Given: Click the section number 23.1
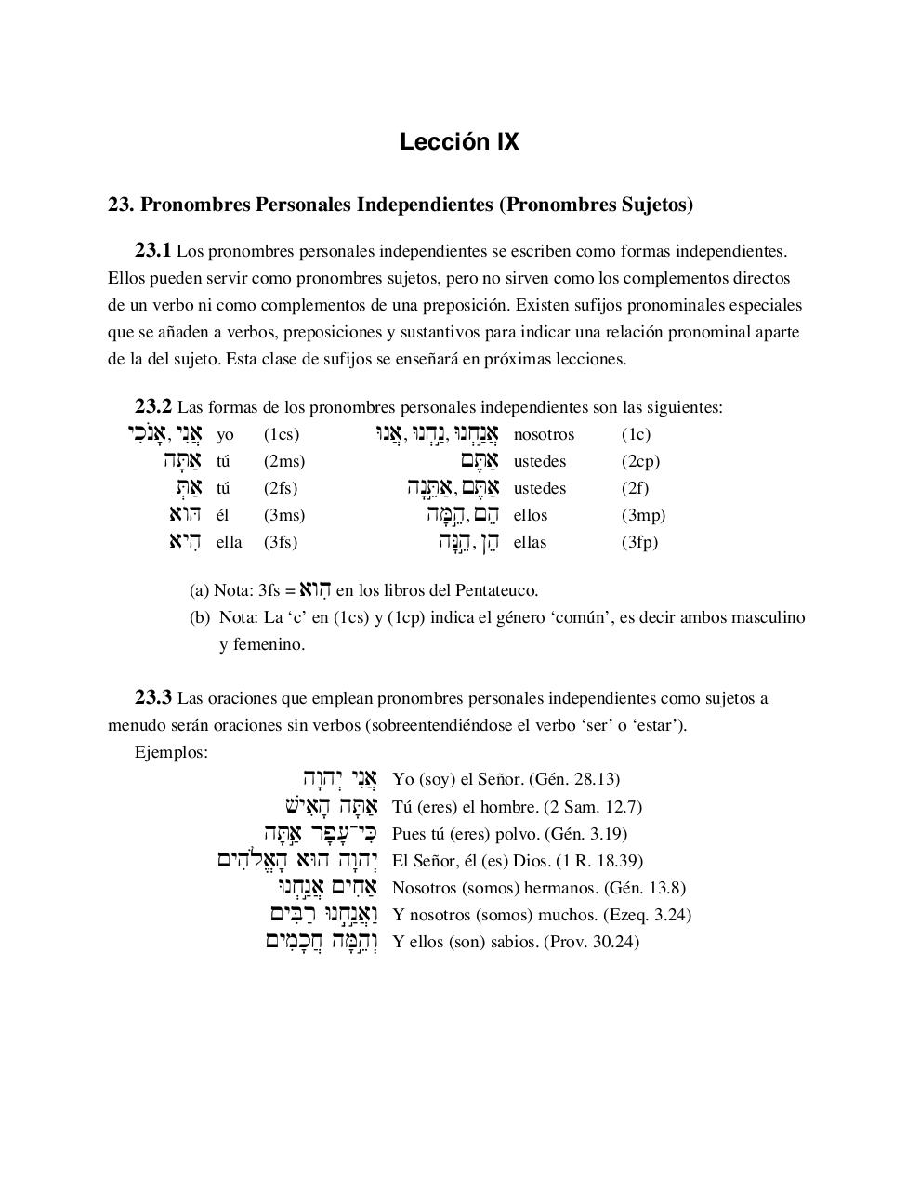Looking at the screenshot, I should [x=153, y=250].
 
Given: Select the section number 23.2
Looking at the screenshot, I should [x=153, y=406].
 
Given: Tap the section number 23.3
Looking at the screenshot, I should [x=153, y=697].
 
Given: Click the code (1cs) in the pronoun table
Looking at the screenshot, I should [x=282, y=434].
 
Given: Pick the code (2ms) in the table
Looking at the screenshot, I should [x=284, y=461].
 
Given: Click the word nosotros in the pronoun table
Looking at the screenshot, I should [x=544, y=434].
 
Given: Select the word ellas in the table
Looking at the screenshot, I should [x=530, y=542].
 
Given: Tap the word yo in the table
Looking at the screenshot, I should [x=225, y=434].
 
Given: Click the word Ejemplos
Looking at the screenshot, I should [x=171, y=752].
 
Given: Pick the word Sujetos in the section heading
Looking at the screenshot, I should [x=653, y=205].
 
